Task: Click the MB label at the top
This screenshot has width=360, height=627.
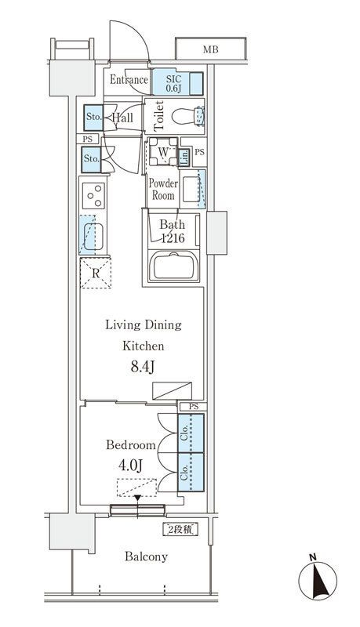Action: coord(210,50)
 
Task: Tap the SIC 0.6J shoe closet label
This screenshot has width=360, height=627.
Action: coord(173,84)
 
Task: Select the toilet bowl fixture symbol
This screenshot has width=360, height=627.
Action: coord(188,117)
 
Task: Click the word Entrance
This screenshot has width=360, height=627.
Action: coord(129,80)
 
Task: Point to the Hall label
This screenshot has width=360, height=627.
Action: coord(122,118)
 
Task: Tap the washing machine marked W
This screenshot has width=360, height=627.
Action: coord(163,152)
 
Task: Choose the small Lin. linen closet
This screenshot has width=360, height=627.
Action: coord(184,158)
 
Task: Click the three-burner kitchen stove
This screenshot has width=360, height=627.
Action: coord(94,195)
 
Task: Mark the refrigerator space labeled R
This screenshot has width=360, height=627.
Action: coord(96,274)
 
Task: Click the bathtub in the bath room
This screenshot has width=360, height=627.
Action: coord(174,266)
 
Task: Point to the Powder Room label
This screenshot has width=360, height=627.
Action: coord(163,190)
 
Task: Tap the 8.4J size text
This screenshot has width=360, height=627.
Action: coord(143,367)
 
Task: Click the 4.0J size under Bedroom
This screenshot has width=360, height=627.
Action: coord(131,466)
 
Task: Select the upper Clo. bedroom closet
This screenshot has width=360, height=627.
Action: coord(191,433)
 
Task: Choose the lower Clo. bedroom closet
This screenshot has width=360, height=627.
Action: coord(191,473)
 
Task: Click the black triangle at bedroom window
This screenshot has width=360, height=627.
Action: coord(137,498)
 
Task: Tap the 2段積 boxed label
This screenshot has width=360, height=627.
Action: coord(180,530)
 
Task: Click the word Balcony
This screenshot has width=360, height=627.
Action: coord(146,556)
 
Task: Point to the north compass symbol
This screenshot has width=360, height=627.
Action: coord(318,579)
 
